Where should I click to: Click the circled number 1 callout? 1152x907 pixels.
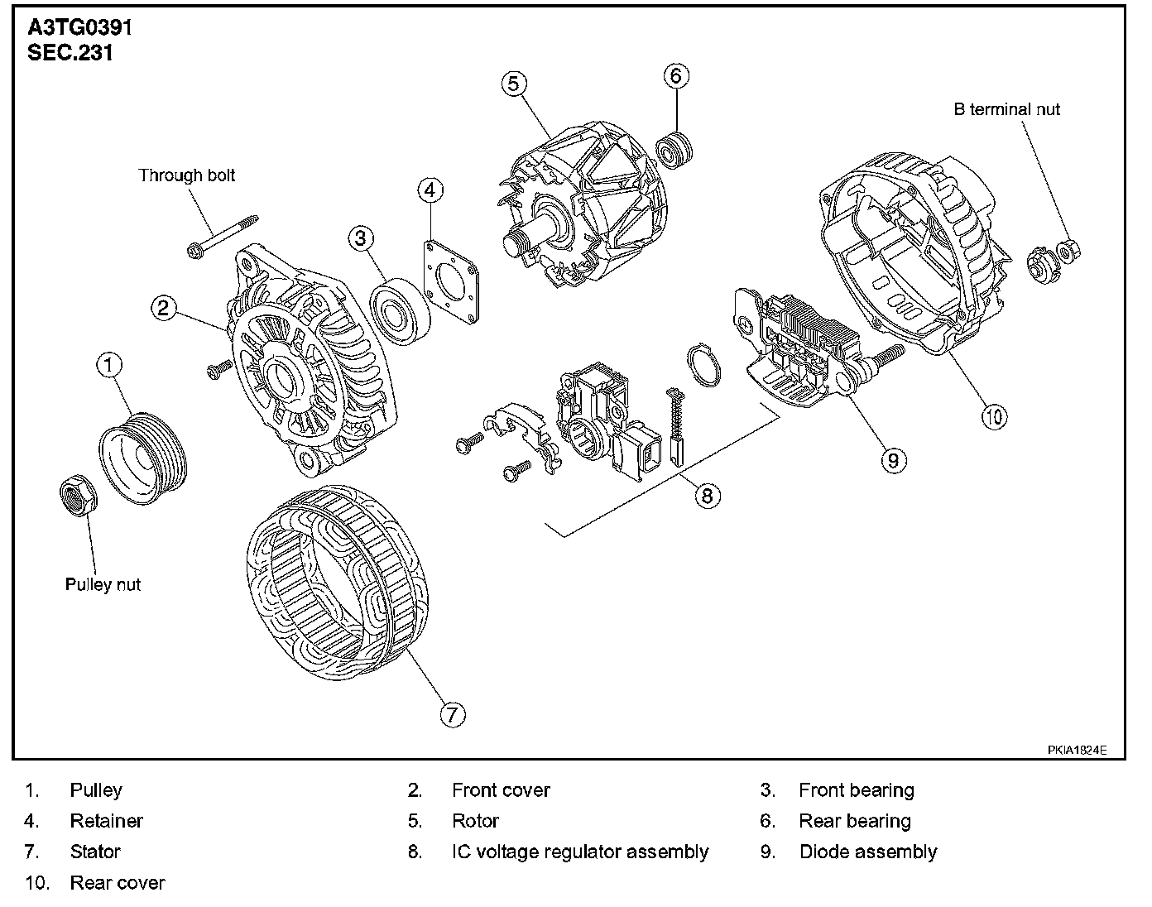point(110,364)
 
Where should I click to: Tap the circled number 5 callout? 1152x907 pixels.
point(513,84)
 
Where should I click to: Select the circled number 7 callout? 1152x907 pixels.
point(452,713)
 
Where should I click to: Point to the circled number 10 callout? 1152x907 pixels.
point(995,415)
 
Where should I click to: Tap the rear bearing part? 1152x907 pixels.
point(674,148)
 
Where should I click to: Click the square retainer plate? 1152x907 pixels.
point(453,280)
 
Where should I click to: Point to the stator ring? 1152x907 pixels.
point(337,583)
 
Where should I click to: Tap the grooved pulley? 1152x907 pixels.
point(142,464)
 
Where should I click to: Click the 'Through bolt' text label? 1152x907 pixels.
point(187,175)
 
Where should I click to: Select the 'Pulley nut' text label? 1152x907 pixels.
point(103,584)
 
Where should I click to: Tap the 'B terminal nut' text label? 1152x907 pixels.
point(1006,109)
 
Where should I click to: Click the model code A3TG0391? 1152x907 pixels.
point(79,27)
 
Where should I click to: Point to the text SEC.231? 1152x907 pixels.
point(70,53)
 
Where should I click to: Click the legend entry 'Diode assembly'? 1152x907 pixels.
point(868,852)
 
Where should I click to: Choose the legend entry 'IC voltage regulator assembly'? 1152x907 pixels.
point(580,852)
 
